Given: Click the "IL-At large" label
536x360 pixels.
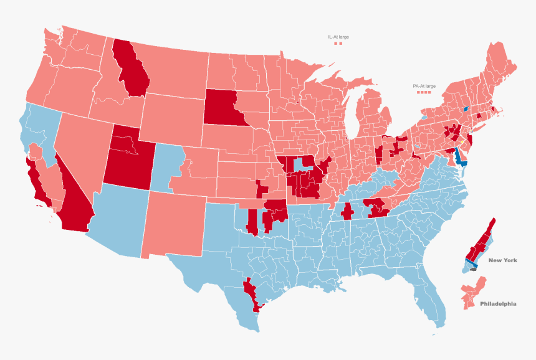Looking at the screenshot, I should click(338, 37).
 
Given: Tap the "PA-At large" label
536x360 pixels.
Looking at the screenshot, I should click(424, 86).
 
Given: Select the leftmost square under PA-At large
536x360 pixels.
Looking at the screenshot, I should click(418, 92).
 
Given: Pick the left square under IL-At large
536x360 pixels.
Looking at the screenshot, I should click(335, 44).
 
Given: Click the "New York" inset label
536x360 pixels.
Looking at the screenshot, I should click(502, 260).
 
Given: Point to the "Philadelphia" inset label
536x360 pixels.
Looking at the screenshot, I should click(498, 304).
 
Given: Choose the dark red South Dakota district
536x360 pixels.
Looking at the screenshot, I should click(224, 107).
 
